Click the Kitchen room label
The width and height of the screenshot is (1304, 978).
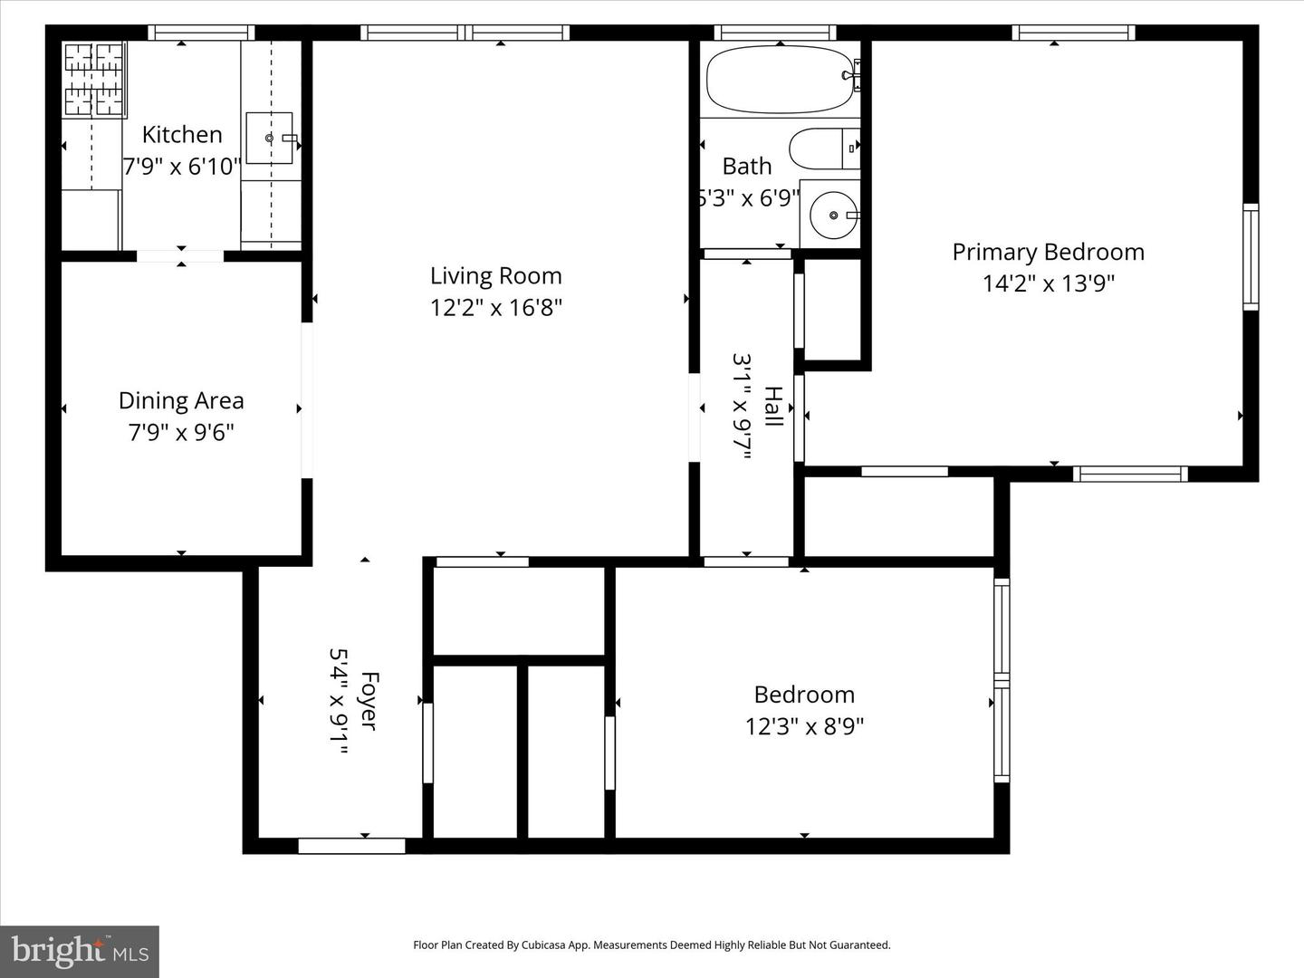pyautogui.click(x=182, y=135)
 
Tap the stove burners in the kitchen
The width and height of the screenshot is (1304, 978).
pyautogui.click(x=94, y=80)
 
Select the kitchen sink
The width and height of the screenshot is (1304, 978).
pyautogui.click(x=270, y=139)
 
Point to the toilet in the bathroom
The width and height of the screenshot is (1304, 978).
pyautogui.click(x=823, y=149)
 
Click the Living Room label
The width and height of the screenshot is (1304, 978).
pyautogui.click(x=495, y=276)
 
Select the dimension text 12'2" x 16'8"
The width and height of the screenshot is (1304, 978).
pyautogui.click(x=495, y=308)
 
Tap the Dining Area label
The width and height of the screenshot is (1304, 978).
pyautogui.click(x=181, y=401)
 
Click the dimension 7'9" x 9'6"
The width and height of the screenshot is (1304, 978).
pyautogui.click(x=181, y=433)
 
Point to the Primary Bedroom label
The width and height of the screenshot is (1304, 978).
pyautogui.click(x=1048, y=253)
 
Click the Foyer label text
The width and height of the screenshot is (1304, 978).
pyautogui.click(x=369, y=700)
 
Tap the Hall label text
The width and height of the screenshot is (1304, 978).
pyautogui.click(x=772, y=407)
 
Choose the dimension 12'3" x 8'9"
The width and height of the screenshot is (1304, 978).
pyautogui.click(x=804, y=727)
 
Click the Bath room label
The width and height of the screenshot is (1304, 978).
pyautogui.click(x=747, y=167)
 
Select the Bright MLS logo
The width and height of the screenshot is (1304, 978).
pyautogui.click(x=80, y=951)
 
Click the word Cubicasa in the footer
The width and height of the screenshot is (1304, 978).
pyautogui.click(x=541, y=945)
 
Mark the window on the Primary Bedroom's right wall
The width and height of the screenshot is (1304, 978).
pyautogui.click(x=1251, y=257)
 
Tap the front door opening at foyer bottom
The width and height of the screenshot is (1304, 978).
pyautogui.click(x=351, y=846)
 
